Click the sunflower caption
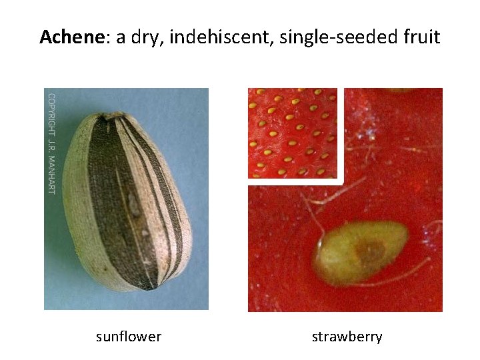129,337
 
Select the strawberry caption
347,337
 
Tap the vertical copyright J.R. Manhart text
51,143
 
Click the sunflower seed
127,200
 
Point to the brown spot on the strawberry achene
371,251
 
